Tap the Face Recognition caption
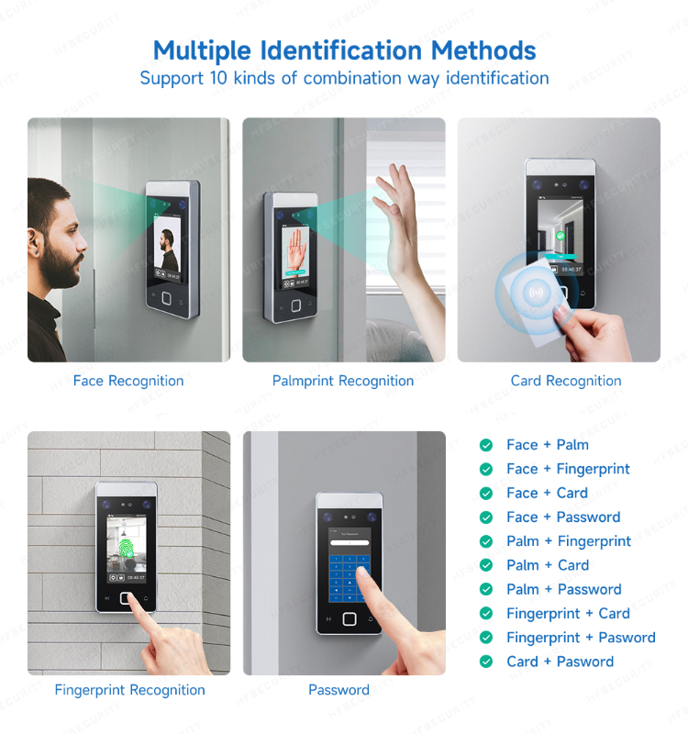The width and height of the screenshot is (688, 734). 128,381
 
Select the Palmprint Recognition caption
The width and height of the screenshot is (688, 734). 343,381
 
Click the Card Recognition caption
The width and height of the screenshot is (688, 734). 566,381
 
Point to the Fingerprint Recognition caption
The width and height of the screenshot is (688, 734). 129,690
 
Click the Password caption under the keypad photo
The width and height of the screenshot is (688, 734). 338,690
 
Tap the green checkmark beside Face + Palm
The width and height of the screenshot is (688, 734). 486,445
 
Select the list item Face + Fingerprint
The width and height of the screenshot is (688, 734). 568,469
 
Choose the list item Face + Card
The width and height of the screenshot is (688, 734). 547,493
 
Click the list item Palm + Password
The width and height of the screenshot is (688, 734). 563,589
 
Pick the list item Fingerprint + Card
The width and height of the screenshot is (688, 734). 568,613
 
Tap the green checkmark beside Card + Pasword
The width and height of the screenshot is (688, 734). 486,662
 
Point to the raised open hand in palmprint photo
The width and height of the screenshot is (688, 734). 395,216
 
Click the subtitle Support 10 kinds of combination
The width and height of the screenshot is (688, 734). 344,78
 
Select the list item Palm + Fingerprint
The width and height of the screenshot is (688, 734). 569,541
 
